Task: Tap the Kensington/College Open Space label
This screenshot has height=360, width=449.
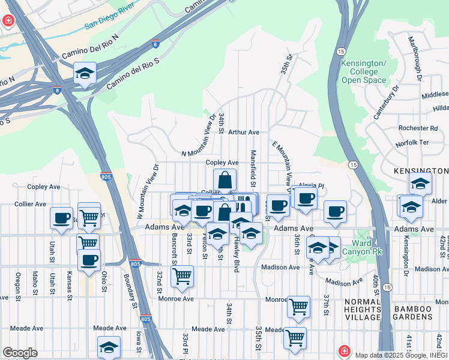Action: [363, 71]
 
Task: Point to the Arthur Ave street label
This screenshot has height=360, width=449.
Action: [243, 132]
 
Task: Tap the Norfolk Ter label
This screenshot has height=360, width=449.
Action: [412, 143]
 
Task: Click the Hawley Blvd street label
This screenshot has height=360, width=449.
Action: [237, 254]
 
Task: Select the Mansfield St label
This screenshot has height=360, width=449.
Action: [253, 169]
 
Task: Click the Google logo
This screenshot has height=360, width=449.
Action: [20, 352]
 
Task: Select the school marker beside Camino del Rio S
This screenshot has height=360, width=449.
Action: [85, 74]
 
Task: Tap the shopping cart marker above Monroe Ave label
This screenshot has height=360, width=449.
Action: [181, 276]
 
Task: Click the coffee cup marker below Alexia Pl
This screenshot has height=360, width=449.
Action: [306, 199]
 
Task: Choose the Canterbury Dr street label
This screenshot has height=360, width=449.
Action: [384, 103]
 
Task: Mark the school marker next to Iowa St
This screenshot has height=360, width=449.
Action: [109, 347]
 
